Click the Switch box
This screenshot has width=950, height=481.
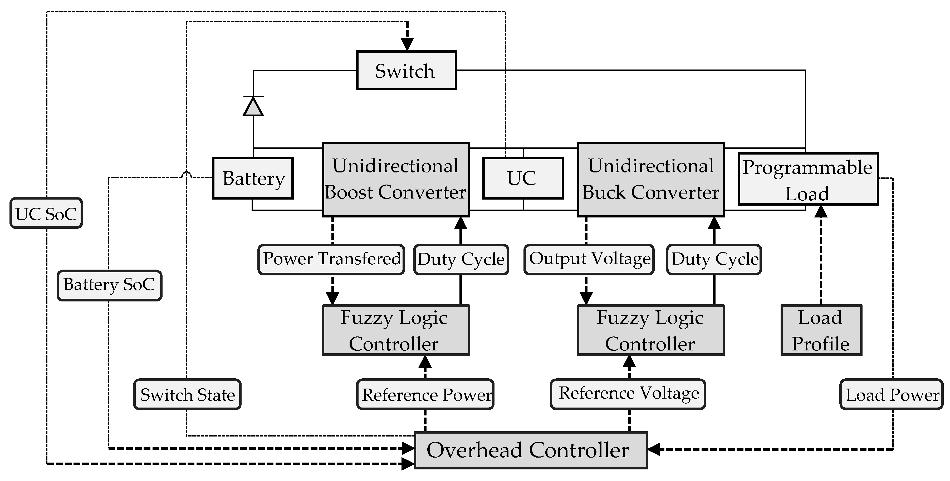(407, 70)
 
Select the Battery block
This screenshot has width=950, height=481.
(253, 178)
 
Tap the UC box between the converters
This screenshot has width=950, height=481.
(523, 178)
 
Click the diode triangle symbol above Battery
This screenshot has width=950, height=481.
(253, 107)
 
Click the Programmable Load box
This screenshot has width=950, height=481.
(808, 179)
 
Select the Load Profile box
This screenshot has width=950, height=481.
(821, 330)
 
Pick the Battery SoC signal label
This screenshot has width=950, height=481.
(109, 285)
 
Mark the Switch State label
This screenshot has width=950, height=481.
(187, 394)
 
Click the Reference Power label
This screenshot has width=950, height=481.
(425, 394)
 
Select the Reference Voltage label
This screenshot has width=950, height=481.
(628, 394)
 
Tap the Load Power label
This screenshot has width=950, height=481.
(891, 394)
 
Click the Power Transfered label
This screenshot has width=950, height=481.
(331, 259)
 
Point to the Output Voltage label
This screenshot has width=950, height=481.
(589, 259)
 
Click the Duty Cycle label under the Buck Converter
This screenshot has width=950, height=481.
(714, 259)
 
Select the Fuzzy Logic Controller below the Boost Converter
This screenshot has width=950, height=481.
(396, 330)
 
